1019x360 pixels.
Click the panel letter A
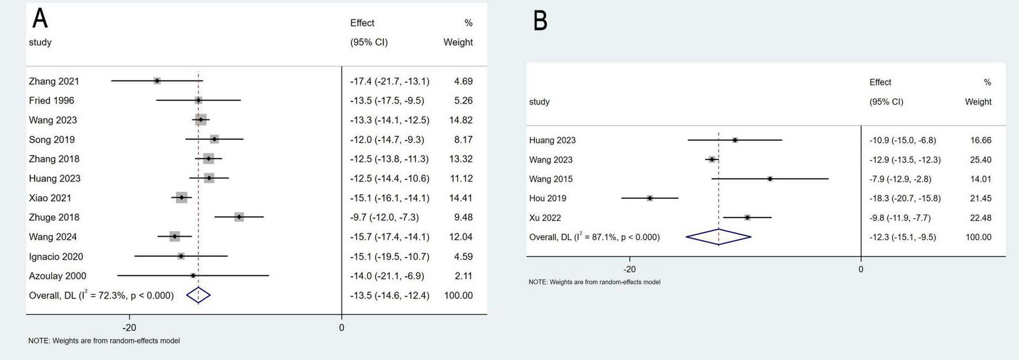coord(40,18)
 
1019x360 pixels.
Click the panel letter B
coord(540,21)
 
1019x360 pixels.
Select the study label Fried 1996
coord(52,101)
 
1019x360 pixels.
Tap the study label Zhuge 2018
coord(54,217)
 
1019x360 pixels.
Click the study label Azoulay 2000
coord(58,276)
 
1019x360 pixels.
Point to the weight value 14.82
coord(461,120)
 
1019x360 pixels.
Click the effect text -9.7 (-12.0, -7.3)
coord(384,217)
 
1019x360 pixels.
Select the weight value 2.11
coord(463,276)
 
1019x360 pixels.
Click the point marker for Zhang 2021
coord(157,81)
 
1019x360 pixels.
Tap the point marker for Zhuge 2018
coord(239,217)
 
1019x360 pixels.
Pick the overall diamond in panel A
coord(198,295)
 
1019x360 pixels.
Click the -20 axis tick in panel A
coord(129,328)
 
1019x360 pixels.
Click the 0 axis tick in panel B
coord(861,269)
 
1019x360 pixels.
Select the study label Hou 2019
coord(547,198)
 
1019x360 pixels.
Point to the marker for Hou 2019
coord(650,198)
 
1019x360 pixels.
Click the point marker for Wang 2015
coord(770,179)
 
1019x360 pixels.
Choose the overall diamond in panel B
coord(719,237)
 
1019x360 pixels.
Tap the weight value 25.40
coord(980,160)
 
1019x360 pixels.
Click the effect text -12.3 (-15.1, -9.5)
coord(902,237)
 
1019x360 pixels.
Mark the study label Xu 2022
coord(545,218)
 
